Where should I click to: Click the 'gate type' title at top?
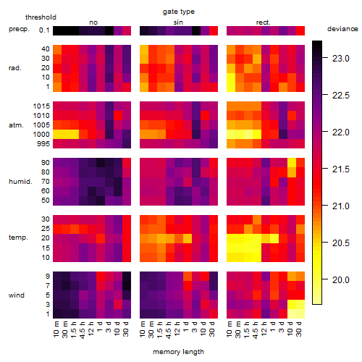click(x=179, y=12)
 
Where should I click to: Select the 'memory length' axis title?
click(x=178, y=352)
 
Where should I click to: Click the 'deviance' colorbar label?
click(x=342, y=29)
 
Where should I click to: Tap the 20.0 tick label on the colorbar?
click(x=341, y=280)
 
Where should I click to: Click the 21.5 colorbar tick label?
click(x=341, y=169)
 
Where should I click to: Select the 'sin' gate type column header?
click(x=178, y=22)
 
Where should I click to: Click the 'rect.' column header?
click(x=263, y=22)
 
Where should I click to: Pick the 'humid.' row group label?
click(x=20, y=182)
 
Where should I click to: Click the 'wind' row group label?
click(x=17, y=295)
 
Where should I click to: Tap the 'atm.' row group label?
click(x=16, y=125)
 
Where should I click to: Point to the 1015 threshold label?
click(x=41, y=106)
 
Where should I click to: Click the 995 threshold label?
click(x=43, y=144)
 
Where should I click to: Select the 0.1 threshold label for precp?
click(x=44, y=30)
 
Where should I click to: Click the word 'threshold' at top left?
click(x=41, y=17)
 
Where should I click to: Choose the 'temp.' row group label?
click(x=18, y=237)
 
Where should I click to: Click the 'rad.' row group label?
click(x=15, y=68)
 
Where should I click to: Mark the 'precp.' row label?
click(x=19, y=29)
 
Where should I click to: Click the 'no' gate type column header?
click(x=93, y=22)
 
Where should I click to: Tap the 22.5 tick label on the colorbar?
click(x=341, y=96)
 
